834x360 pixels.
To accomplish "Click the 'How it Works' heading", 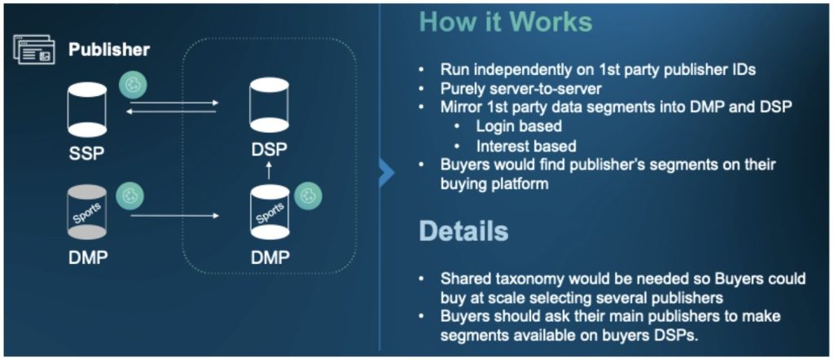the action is pyautogui.click(x=505, y=22).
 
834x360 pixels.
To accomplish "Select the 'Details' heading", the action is pyautogui.click(x=463, y=230).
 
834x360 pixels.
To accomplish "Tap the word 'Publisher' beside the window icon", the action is pyautogui.click(x=109, y=50).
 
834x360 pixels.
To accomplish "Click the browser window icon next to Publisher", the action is pyautogui.click(x=33, y=50).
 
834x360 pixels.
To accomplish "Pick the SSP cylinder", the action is pyautogui.click(x=87, y=109).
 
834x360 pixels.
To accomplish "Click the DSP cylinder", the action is pyautogui.click(x=269, y=105).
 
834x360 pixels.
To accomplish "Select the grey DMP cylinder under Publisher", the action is pyautogui.click(x=87, y=212).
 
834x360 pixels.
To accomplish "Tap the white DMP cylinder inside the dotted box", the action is pyautogui.click(x=270, y=212).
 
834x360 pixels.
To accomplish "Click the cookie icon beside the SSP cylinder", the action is pyautogui.click(x=133, y=86).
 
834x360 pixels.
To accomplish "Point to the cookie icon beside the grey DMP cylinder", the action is pyautogui.click(x=129, y=196).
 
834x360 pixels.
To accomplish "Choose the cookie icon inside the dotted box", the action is pyautogui.click(x=308, y=196).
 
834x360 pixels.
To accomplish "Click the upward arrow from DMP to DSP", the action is pyautogui.click(x=269, y=171).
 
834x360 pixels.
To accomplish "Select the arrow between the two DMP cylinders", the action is pyautogui.click(x=174, y=216).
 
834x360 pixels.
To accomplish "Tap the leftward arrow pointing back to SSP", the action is pyautogui.click(x=171, y=111).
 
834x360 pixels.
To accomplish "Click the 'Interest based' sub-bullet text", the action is pyautogui.click(x=526, y=146).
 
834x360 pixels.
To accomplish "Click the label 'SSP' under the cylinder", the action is pyautogui.click(x=86, y=154).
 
